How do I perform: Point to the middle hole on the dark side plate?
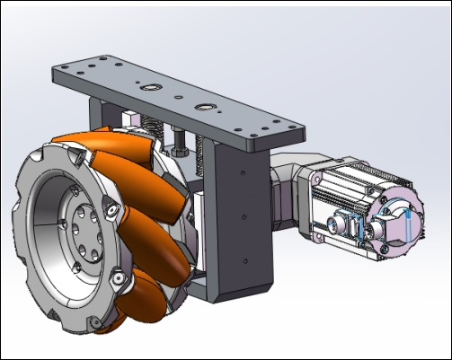[244, 216]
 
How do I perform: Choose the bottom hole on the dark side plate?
[245, 261]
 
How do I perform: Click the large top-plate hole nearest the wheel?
[149, 88]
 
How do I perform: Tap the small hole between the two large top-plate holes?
[178, 98]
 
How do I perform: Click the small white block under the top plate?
[133, 118]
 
